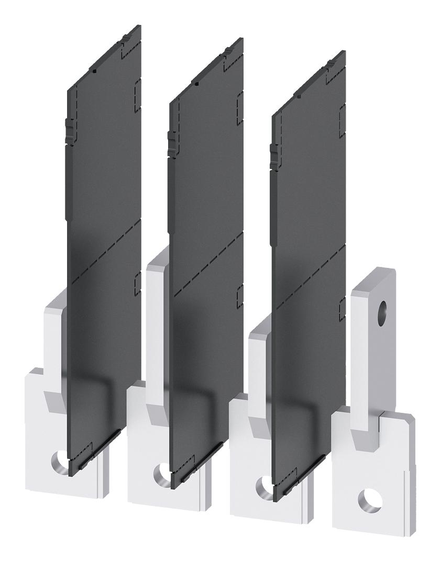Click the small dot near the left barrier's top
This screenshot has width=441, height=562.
(93, 70)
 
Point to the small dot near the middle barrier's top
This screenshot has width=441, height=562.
(196, 83)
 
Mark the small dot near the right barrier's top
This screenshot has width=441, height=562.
(299, 96)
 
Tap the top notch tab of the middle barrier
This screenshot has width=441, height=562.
(228, 51)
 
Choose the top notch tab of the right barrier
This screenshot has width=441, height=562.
(330, 64)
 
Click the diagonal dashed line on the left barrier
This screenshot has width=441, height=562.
(105, 251)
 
